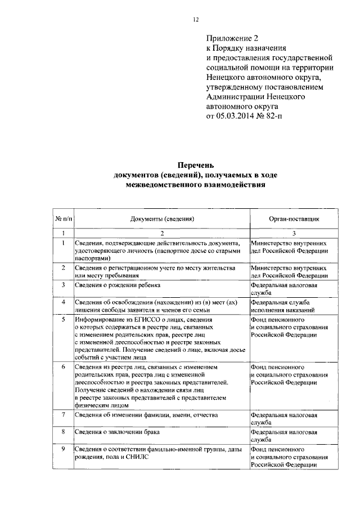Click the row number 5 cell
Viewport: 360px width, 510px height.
pos(64,319)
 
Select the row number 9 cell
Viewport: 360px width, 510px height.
pos(64,448)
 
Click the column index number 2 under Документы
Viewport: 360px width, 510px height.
pos(162,233)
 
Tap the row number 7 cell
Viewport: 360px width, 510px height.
pos(64,415)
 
